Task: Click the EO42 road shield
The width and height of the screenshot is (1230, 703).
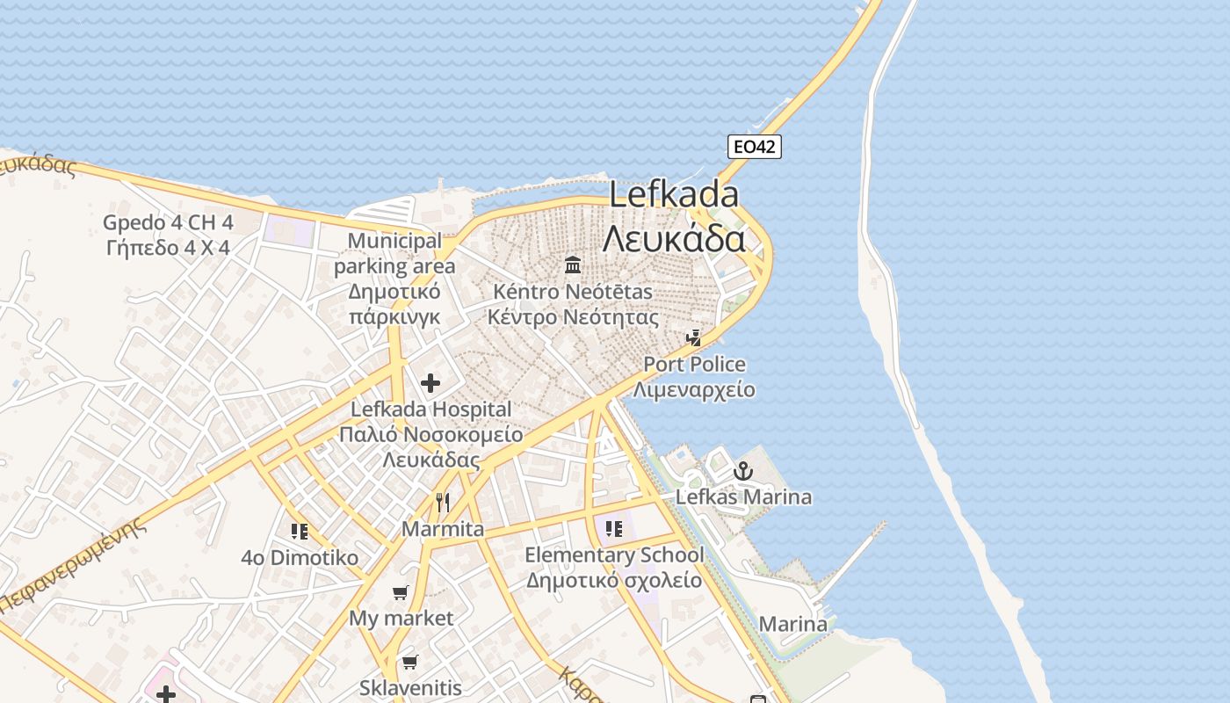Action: pyautogui.click(x=755, y=147)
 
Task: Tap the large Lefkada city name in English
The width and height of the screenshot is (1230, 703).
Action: pyautogui.click(x=674, y=195)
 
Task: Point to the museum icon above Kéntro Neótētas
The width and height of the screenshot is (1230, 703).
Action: pyautogui.click(x=573, y=264)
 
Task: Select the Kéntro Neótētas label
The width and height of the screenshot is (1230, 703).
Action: pyautogui.click(x=573, y=291)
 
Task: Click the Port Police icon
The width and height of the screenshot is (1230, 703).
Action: pyautogui.click(x=694, y=337)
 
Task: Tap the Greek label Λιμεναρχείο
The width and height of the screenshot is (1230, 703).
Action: pyautogui.click(x=694, y=389)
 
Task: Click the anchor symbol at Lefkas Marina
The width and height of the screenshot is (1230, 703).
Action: pyautogui.click(x=743, y=472)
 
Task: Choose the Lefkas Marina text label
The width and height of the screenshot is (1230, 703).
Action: pyautogui.click(x=743, y=497)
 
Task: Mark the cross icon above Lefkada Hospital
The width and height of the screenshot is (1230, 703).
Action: pyautogui.click(x=430, y=383)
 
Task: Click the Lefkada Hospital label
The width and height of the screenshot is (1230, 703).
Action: pyautogui.click(x=430, y=409)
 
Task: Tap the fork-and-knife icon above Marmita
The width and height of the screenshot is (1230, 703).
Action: pyautogui.click(x=443, y=503)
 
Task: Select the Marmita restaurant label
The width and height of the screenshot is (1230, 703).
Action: pyautogui.click(x=443, y=529)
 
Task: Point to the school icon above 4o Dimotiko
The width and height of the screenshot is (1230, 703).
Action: pyautogui.click(x=300, y=531)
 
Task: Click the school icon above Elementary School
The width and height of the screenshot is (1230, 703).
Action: pyautogui.click(x=614, y=529)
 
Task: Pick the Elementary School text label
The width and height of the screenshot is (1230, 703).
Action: pyautogui.click(x=614, y=555)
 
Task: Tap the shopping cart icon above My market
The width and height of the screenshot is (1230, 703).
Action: pyautogui.click(x=401, y=592)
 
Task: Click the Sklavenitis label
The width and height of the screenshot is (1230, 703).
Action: pyautogui.click(x=410, y=688)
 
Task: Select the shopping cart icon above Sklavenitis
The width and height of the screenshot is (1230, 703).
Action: pyautogui.click(x=409, y=662)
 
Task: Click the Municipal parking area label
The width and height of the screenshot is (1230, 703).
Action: pyautogui.click(x=394, y=253)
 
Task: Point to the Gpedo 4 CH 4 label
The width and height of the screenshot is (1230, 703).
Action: pyautogui.click(x=168, y=221)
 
